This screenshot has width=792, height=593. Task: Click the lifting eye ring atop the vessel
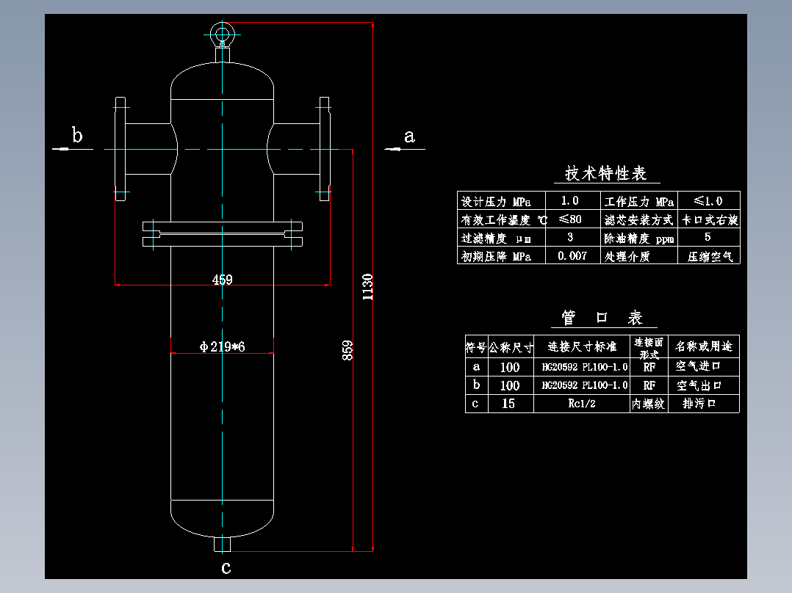(x=220, y=33)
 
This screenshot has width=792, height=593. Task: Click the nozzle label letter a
(x=409, y=136)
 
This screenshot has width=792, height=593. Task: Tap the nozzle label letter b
(x=76, y=135)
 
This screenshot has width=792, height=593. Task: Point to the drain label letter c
(x=226, y=567)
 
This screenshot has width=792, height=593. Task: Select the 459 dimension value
(x=222, y=280)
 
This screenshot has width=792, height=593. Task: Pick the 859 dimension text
(x=348, y=350)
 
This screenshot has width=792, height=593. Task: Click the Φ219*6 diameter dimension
(x=222, y=346)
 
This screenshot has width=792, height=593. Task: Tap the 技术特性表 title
(x=605, y=174)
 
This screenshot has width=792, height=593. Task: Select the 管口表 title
(x=602, y=318)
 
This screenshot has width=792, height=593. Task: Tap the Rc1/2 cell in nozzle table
(x=581, y=404)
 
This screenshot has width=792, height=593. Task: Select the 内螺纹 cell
(x=649, y=404)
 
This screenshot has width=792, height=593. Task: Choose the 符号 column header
(x=475, y=346)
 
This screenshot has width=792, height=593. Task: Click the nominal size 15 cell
(x=508, y=404)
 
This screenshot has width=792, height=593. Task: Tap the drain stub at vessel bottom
(x=221, y=545)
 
